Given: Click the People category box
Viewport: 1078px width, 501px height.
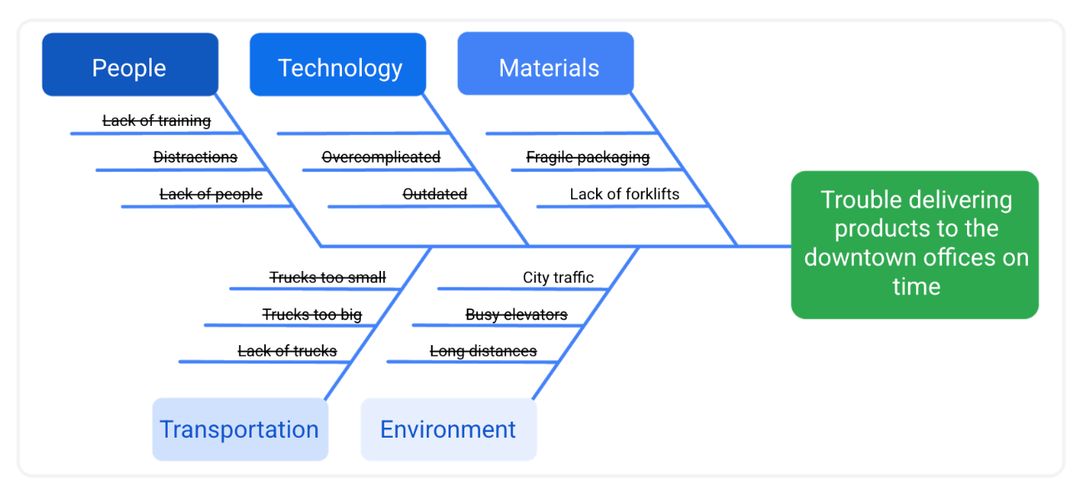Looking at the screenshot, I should pos(130,65).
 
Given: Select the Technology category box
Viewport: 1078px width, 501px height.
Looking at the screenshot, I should pos(338,65).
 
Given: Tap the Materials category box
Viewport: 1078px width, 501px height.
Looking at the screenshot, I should pos(547,65).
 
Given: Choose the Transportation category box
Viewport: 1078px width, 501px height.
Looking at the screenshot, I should pos(239,429).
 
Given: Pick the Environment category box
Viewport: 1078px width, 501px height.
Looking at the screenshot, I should pos(449,429).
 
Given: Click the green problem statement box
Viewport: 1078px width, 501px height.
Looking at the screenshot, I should pos(915,244).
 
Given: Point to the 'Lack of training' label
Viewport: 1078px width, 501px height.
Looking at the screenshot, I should pos(157,121).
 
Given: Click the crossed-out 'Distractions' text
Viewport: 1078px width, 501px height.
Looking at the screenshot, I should pos(195,157).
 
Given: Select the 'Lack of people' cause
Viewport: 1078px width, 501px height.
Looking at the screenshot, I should pos(211,194).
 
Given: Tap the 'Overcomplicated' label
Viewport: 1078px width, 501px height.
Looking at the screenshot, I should pos(381,157).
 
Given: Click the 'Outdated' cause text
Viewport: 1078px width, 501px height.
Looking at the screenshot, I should pos(434,194).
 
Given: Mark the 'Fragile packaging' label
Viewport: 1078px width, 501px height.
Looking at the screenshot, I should pos(588,157).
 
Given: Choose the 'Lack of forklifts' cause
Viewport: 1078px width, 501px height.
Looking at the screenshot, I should pos(624,194).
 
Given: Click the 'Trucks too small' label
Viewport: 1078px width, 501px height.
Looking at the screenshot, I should pos(328,278).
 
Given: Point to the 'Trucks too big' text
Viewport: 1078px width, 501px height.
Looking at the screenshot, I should pos(312,314).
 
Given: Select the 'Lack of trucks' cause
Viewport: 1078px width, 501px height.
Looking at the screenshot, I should pos(288,351).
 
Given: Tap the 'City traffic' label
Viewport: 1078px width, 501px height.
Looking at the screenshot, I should pos(559,278).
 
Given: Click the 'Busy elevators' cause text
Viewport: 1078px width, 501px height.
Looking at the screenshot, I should pos(516,314).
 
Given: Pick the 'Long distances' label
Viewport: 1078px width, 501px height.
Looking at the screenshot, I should pos(484,351).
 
